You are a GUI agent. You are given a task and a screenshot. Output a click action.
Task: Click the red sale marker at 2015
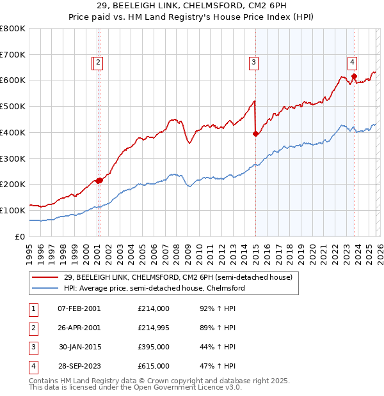coord(255,133)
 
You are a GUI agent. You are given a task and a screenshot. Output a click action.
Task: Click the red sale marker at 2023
coord(354,77)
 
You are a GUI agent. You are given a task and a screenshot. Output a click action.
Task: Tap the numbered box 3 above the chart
coord(254,62)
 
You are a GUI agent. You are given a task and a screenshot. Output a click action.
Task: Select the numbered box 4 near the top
coord(353,62)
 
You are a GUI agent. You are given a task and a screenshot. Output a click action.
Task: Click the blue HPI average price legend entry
coord(154,288)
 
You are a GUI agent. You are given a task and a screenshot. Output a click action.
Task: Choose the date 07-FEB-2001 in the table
coord(79,308)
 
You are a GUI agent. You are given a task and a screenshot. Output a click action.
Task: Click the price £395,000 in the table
coord(153,347)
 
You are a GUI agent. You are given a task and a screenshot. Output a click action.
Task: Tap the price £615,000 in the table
coord(153,366)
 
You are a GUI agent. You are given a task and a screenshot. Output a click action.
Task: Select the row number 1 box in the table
coord(32,308)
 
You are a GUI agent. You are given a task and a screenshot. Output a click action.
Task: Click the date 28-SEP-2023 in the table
coord(79,366)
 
